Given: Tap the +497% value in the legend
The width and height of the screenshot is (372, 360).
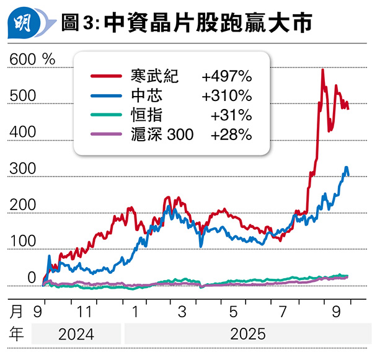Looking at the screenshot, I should [x=226, y=76].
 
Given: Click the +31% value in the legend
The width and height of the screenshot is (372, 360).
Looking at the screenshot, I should [x=231, y=115].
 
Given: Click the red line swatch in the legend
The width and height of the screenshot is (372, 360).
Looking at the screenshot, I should [x=107, y=76].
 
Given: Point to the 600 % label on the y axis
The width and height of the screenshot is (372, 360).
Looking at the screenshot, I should [x=32, y=59].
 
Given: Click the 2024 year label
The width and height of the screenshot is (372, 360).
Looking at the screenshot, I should [x=76, y=335].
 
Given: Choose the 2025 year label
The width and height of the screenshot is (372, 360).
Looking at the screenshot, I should [x=248, y=335].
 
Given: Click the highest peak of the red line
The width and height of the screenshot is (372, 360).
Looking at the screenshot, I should [x=322, y=70].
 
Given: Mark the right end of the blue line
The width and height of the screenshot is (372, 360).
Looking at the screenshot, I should [x=348, y=175].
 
